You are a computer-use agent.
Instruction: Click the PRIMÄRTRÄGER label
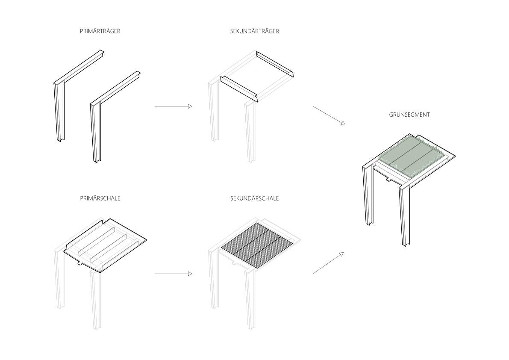click(x=100, y=31)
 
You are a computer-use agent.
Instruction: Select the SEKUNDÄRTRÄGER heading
click(x=255, y=31)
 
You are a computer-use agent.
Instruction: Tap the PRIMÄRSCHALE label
click(x=100, y=198)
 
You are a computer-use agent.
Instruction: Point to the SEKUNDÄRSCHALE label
click(x=255, y=198)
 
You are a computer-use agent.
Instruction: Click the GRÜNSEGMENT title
click(x=409, y=115)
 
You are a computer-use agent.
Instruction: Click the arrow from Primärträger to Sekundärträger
click(x=174, y=106)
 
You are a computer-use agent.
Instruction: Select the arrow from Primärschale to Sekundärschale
click(x=174, y=274)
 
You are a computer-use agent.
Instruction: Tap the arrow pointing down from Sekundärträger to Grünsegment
click(x=329, y=115)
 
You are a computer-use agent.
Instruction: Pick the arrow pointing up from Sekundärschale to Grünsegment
click(x=328, y=263)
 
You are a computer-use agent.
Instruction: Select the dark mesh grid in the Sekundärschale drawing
click(x=258, y=245)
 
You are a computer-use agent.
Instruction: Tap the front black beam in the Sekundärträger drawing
click(x=239, y=89)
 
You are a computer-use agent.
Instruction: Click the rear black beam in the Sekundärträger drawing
click(x=275, y=64)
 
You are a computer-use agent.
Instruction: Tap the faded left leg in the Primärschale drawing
click(x=59, y=279)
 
